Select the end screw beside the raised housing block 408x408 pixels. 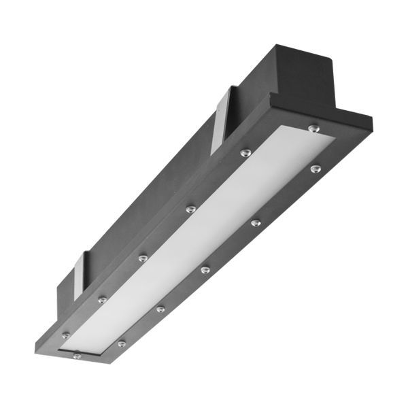pos(312,126)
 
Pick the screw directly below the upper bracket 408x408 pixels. pos(245,152)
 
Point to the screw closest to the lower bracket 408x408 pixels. pos(102,299)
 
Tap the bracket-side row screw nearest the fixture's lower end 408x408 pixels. pos(66,334)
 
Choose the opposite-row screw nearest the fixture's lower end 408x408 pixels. pos(121,344)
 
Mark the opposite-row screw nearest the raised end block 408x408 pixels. pos(315,167)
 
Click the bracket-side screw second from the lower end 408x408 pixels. pos(102,299)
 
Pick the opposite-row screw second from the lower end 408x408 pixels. pos(160,309)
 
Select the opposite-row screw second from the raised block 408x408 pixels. pos(255,222)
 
